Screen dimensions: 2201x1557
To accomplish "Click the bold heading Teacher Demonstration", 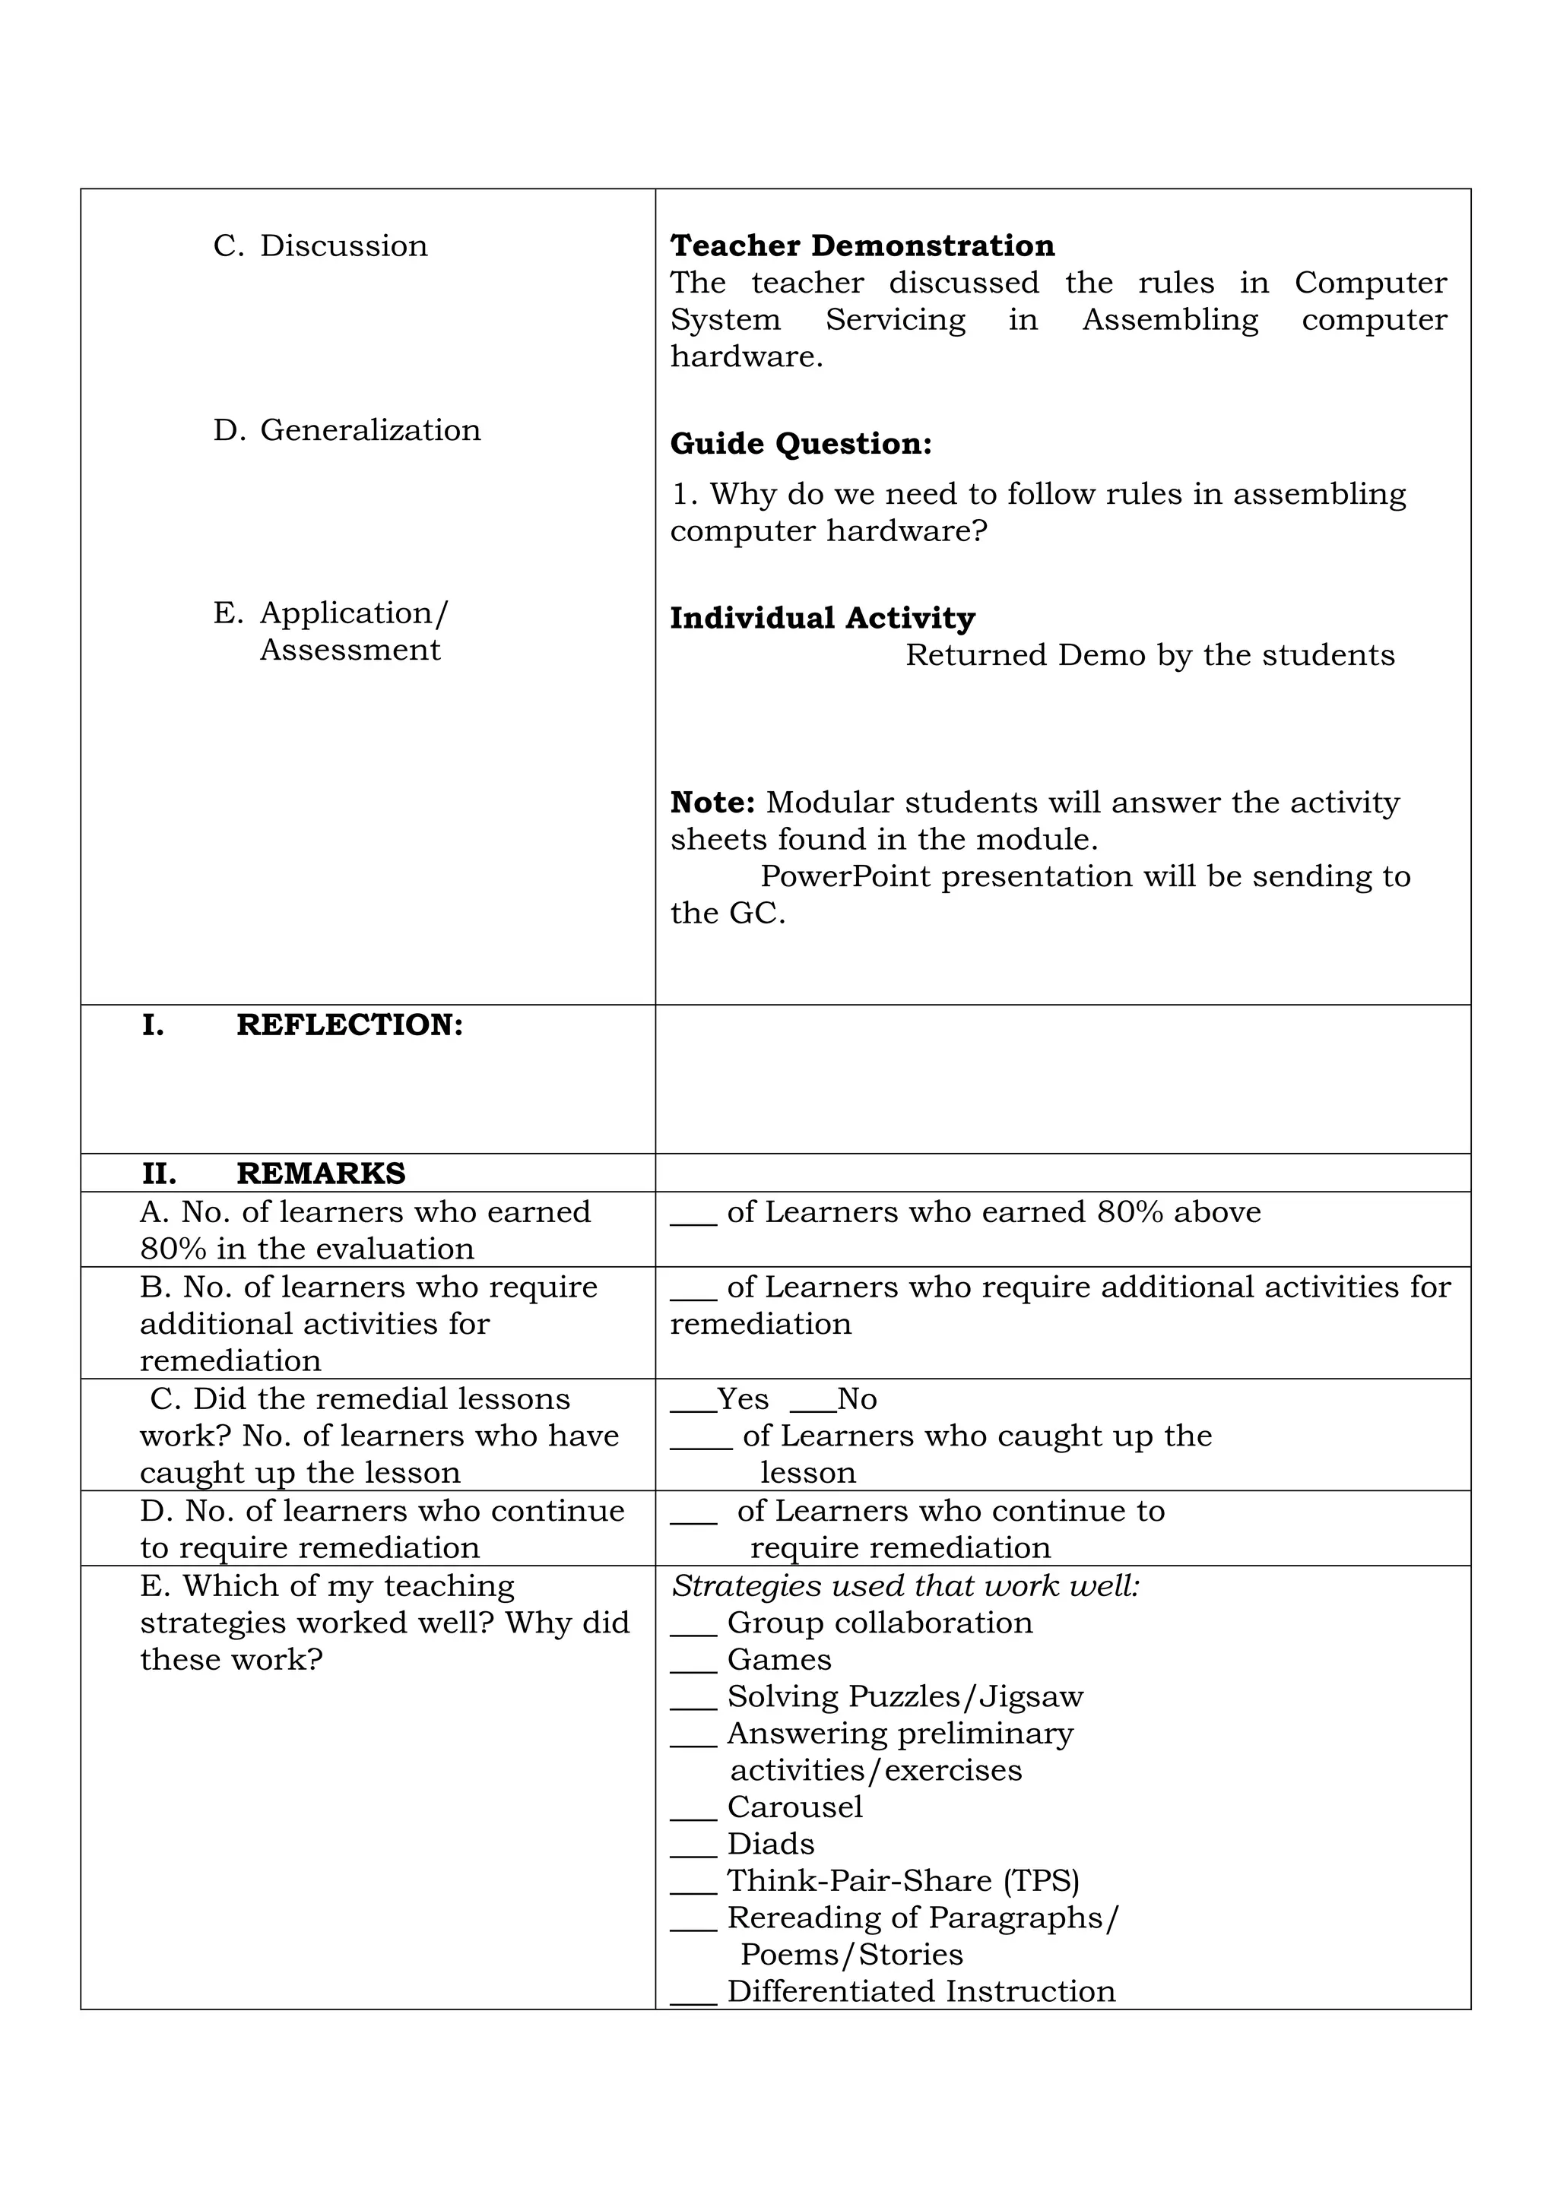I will [862, 246].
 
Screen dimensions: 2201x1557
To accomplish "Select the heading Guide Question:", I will [801, 444].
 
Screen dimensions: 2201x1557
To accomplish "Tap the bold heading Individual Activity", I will [822, 619].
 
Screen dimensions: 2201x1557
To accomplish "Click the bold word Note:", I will [712, 803].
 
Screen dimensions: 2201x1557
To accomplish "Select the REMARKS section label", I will [320, 1173].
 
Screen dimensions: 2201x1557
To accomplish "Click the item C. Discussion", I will [320, 246].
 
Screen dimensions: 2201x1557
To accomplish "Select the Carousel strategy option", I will [794, 1807].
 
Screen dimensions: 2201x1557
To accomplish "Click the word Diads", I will [771, 1845].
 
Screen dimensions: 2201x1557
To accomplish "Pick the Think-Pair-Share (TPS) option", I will [902, 1881].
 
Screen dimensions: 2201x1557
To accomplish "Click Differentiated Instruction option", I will [921, 1991].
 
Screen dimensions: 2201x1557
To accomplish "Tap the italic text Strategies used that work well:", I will [905, 1586].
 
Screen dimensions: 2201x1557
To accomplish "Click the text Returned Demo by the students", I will [1150, 656].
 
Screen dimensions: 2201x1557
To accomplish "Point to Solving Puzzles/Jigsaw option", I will [904, 1697].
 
